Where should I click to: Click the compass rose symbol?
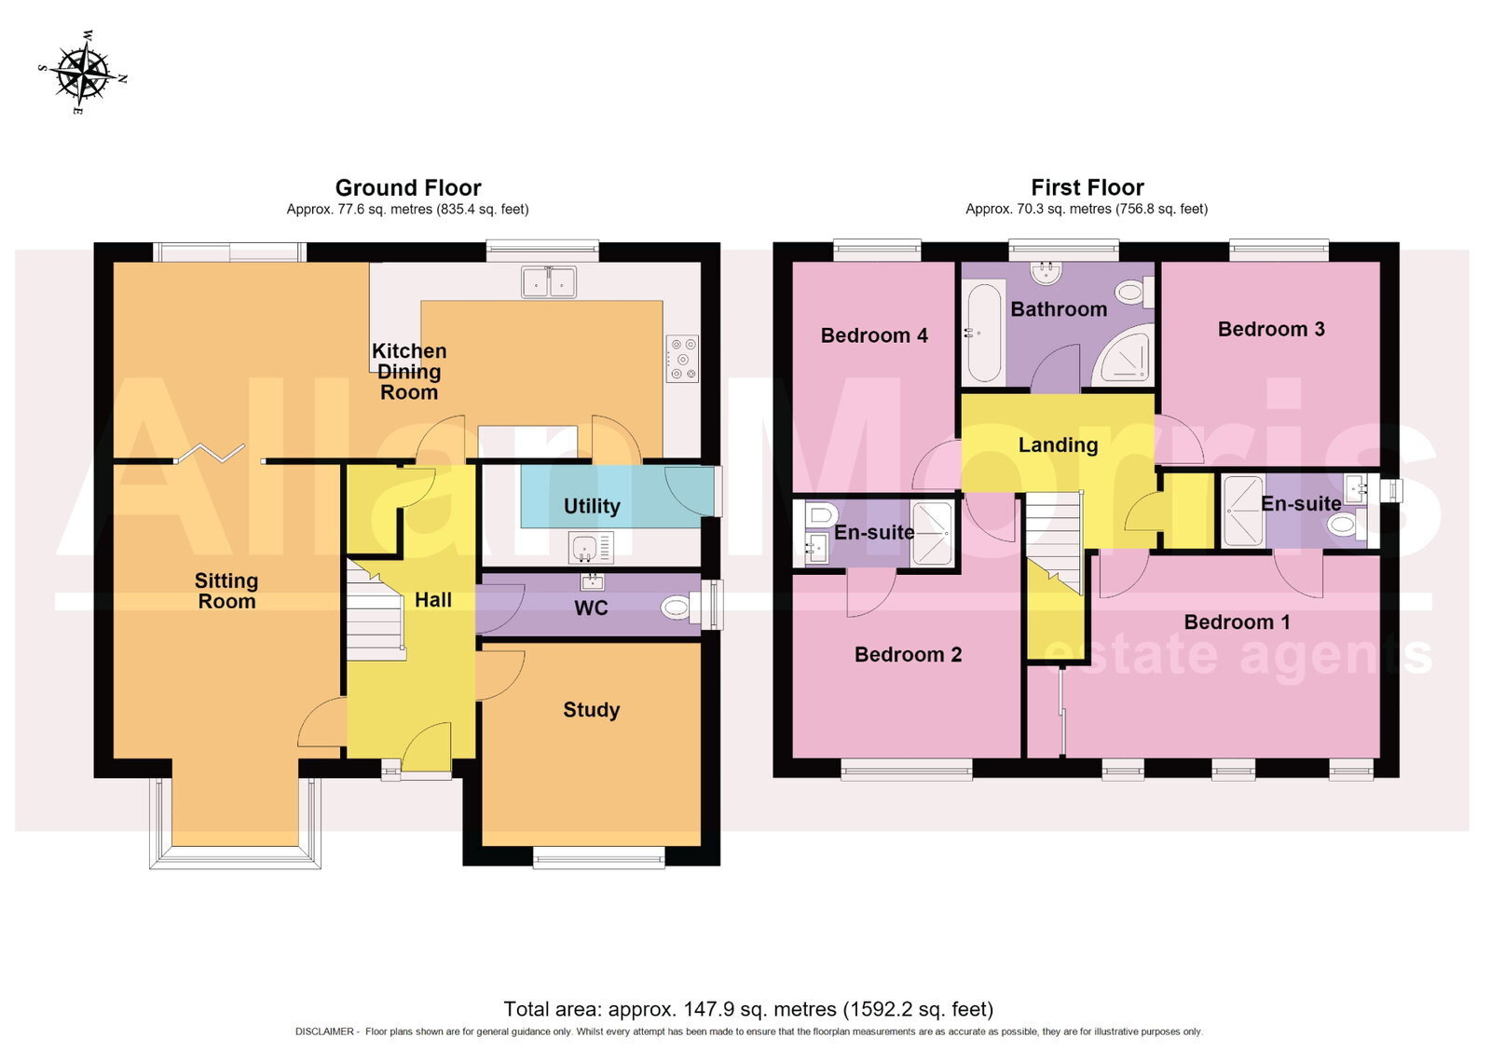83,74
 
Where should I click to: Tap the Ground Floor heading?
408,187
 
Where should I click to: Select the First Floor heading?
1087,187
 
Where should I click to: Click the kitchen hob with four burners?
682,358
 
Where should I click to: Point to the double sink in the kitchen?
549,281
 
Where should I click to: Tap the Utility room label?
592,506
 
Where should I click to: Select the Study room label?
591,710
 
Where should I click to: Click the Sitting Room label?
226,591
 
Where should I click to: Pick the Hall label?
433,600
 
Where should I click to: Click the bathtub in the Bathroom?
982,333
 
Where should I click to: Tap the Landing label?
1058,444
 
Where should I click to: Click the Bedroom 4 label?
874,334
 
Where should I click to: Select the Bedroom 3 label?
1271,329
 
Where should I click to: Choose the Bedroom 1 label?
1237,621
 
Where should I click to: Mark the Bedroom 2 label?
908,654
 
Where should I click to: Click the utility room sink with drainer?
591,547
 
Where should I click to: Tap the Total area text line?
748,1009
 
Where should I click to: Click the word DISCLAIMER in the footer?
324,1031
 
